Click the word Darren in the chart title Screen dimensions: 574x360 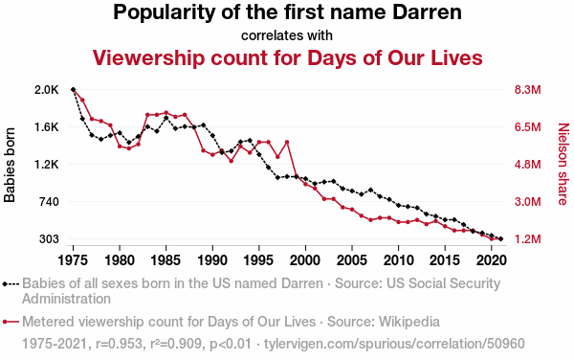(x=427, y=12)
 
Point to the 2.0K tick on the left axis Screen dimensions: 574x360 (x=47, y=90)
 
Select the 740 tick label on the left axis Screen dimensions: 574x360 (x=49, y=201)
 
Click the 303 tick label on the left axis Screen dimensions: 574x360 (x=49, y=238)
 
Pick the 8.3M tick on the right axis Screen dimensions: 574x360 (x=527, y=90)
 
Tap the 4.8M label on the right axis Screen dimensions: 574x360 (x=527, y=165)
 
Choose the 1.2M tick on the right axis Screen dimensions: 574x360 (x=527, y=238)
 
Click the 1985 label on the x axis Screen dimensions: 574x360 (x=166, y=260)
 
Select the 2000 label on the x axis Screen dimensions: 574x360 (x=305, y=260)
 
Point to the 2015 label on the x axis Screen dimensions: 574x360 (x=445, y=260)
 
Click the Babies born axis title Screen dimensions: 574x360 (x=10, y=165)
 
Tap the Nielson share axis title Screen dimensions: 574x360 (x=563, y=164)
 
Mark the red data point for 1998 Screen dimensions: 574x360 (x=287, y=142)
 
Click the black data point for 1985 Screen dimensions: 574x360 (x=166, y=118)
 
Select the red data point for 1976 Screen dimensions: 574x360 (x=82, y=100)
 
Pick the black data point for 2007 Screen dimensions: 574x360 (x=370, y=190)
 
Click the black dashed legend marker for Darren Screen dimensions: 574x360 (x=11, y=283)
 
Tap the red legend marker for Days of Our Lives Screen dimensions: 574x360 (x=11, y=322)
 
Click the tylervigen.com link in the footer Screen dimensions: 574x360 (x=394, y=344)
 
